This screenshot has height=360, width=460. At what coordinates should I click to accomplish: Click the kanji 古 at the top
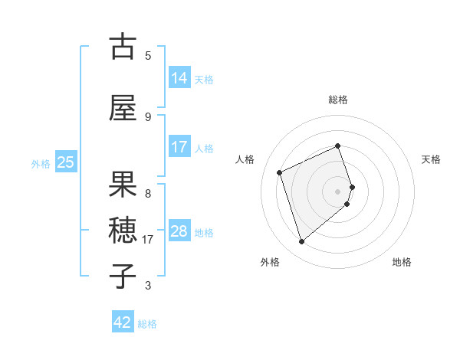(x=123, y=47)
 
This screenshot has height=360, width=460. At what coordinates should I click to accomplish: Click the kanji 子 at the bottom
(x=123, y=277)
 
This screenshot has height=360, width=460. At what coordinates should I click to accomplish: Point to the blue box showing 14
(x=179, y=77)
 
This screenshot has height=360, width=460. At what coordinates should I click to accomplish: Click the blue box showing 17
(x=179, y=147)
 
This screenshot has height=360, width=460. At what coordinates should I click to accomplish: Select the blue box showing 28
(x=179, y=231)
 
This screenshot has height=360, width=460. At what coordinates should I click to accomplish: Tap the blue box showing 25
(x=65, y=162)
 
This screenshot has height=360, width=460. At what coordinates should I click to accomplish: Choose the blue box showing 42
(x=123, y=322)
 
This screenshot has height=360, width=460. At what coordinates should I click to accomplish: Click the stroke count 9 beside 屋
(x=148, y=116)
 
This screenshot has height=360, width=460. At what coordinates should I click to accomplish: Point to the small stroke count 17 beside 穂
(x=149, y=239)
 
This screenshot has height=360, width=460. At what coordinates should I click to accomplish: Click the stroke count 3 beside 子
(x=148, y=286)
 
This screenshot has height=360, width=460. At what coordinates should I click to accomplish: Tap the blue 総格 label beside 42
(x=147, y=323)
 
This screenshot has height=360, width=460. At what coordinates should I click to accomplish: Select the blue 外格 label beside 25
(x=41, y=163)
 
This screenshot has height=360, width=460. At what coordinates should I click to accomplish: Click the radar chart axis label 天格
(x=432, y=159)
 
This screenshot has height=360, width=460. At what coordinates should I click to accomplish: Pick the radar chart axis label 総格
(x=338, y=100)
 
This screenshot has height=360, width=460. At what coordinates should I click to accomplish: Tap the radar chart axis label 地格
(x=402, y=262)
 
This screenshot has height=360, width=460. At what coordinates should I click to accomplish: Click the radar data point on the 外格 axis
(x=301, y=242)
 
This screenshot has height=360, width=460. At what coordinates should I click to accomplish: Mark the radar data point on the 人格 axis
(x=280, y=172)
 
